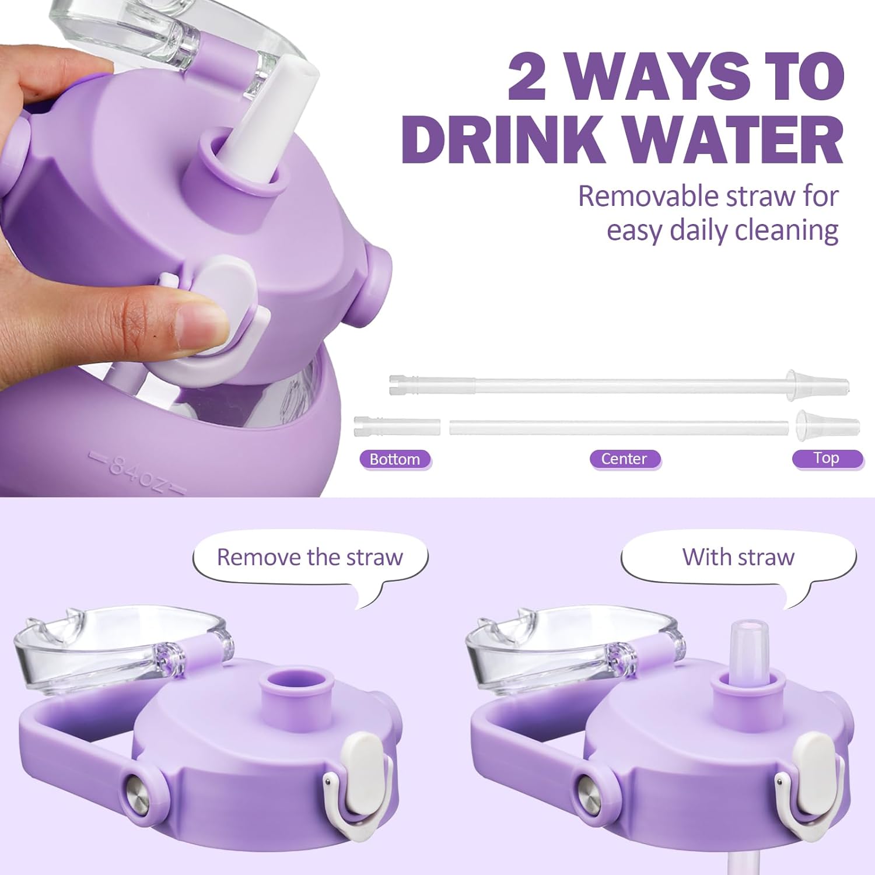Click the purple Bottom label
[395, 459]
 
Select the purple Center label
[624, 459]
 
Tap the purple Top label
[827, 458]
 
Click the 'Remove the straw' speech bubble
[310, 563]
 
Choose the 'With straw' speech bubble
[738, 563]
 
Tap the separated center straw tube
[618, 426]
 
